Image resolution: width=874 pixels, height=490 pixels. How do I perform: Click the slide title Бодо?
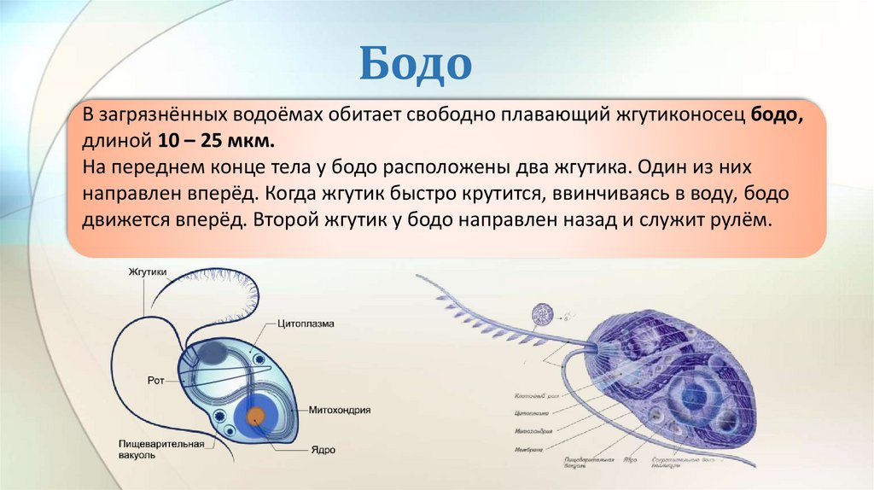click(415, 64)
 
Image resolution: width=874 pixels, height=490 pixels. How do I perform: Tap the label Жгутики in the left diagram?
click(152, 272)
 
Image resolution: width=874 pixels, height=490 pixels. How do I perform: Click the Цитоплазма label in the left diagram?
click(305, 324)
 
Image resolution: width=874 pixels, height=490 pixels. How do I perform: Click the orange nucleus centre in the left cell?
click(255, 416)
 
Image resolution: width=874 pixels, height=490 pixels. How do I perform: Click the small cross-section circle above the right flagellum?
click(541, 315)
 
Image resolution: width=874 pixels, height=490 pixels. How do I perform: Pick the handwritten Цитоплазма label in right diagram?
click(533, 412)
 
